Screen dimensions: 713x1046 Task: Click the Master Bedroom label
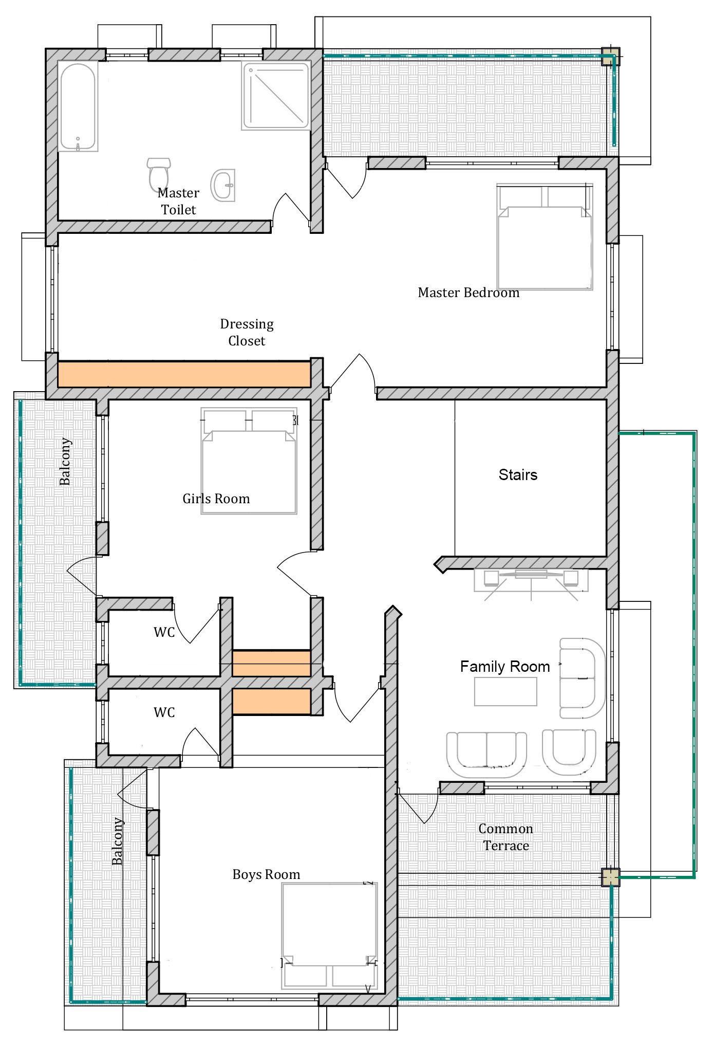[468, 292]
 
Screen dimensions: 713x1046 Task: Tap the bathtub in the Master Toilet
[78, 107]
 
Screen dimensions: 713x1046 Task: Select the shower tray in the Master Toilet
[276, 95]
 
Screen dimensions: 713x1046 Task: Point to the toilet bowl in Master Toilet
[159, 174]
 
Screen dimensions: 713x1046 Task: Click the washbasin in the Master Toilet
[223, 185]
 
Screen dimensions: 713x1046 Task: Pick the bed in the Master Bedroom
[545, 236]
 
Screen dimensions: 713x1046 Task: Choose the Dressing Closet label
[247, 332]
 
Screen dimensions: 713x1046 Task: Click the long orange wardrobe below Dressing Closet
[184, 374]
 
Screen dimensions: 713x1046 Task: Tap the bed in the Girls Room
[249, 461]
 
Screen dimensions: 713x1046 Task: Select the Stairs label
[518, 474]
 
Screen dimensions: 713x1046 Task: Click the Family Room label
[504, 667]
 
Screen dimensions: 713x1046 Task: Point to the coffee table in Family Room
[505, 691]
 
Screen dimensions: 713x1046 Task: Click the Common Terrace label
[505, 837]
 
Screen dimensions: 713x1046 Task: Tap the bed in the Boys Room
[329, 936]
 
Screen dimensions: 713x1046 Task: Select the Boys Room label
[266, 874]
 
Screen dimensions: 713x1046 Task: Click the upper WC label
[164, 632]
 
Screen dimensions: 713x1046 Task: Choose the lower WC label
[164, 712]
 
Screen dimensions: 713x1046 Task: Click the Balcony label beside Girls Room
[65, 461]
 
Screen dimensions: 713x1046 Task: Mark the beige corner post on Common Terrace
[611, 877]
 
